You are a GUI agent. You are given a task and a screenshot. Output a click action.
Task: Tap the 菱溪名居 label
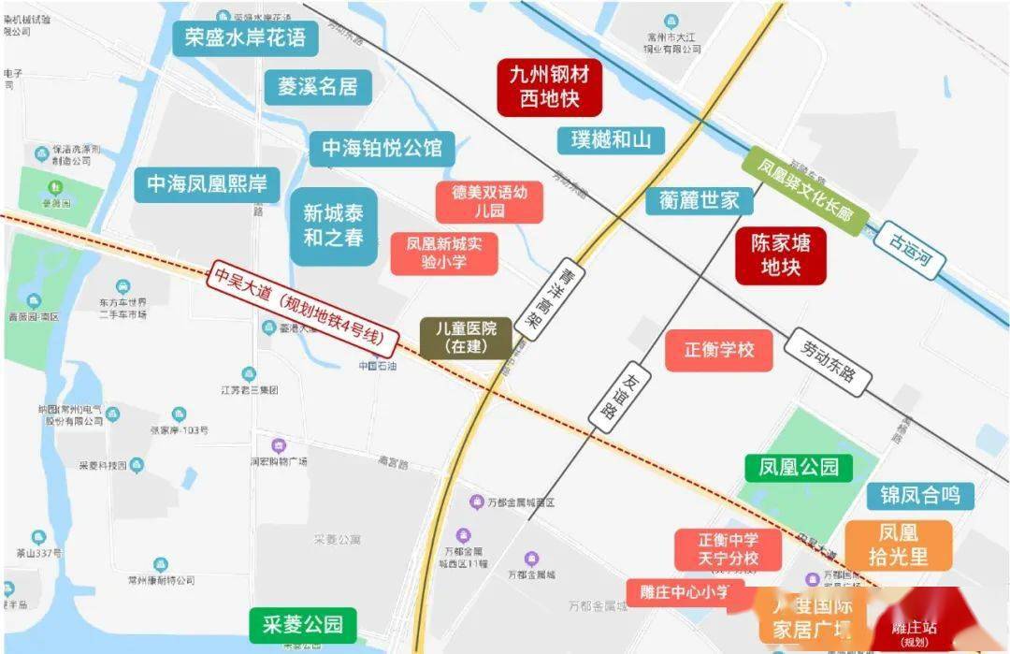[318, 87]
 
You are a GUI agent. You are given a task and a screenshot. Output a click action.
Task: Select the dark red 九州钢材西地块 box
[549, 86]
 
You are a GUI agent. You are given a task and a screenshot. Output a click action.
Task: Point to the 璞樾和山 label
[611, 140]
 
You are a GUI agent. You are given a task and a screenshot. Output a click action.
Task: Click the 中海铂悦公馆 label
[382, 149]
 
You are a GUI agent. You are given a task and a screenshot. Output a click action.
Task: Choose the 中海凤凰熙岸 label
[207, 183]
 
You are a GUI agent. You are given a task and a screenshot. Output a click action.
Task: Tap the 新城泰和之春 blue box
[333, 225]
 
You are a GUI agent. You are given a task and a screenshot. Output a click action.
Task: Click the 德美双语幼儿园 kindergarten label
[489, 202]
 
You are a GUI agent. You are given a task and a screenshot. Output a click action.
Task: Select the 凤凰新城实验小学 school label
[443, 254]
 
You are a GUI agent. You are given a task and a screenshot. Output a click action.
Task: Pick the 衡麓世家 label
[699, 200]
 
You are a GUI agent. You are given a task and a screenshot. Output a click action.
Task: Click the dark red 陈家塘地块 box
[781, 255]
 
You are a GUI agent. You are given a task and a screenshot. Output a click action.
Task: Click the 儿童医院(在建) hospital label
[466, 338]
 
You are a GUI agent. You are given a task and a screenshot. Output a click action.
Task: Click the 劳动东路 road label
[829, 360]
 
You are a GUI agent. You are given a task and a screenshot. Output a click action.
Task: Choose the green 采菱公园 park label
[302, 624]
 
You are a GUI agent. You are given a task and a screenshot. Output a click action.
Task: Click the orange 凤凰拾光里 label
[898, 545]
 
